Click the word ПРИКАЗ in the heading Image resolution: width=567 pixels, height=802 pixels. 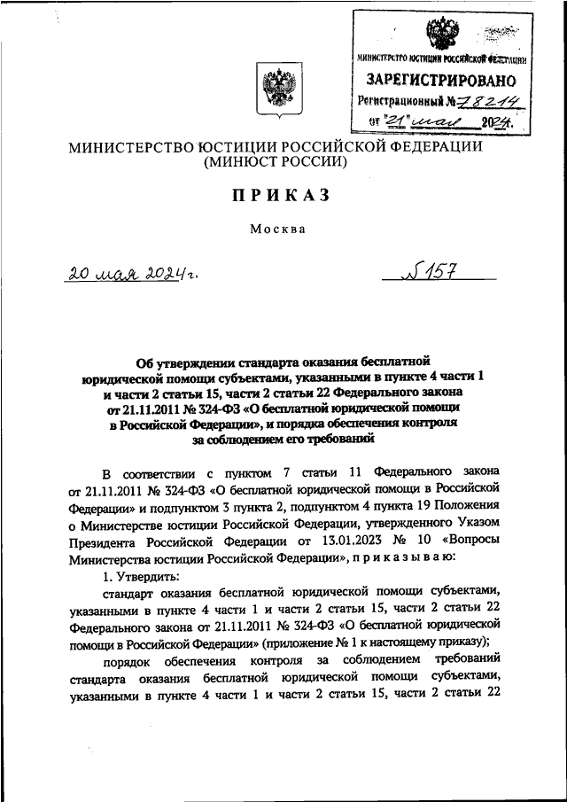click(x=283, y=195)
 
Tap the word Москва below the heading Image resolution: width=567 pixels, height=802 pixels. click(x=277, y=229)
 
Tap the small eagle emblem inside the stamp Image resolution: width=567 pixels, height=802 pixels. click(x=442, y=34)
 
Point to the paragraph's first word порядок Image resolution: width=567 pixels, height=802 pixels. click(x=127, y=662)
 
